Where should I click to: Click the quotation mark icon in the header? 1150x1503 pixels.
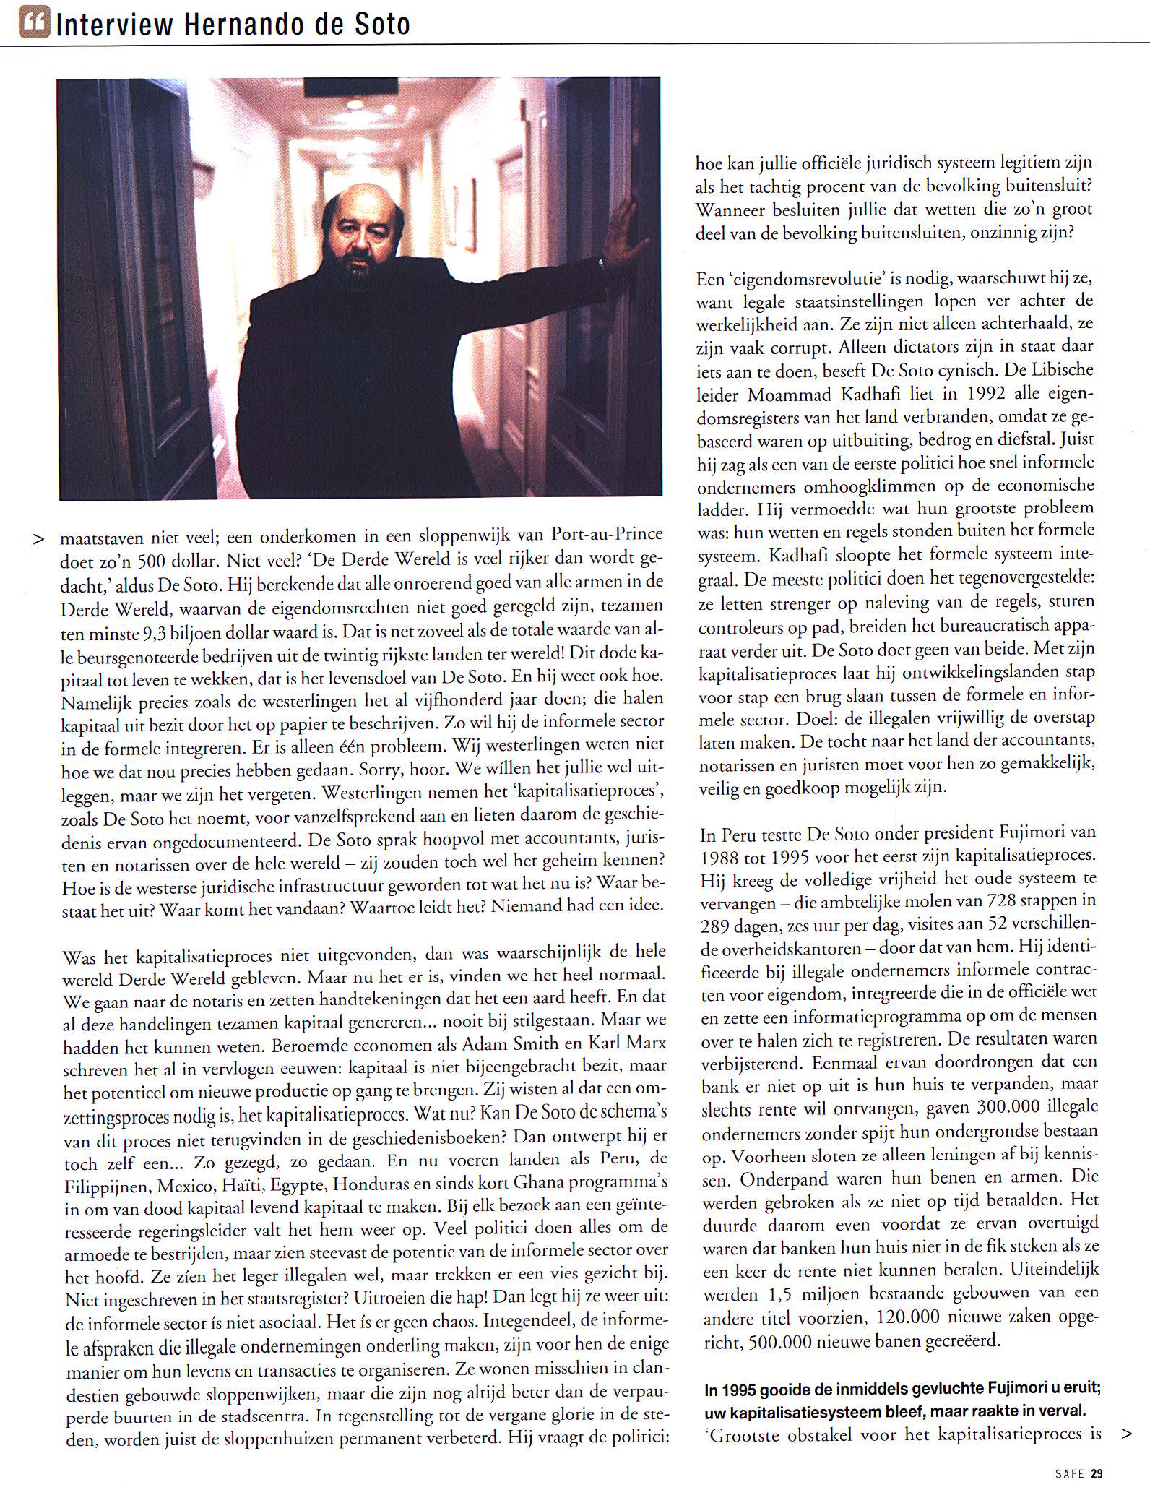(34, 24)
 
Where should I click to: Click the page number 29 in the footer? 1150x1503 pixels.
(1097, 1473)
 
